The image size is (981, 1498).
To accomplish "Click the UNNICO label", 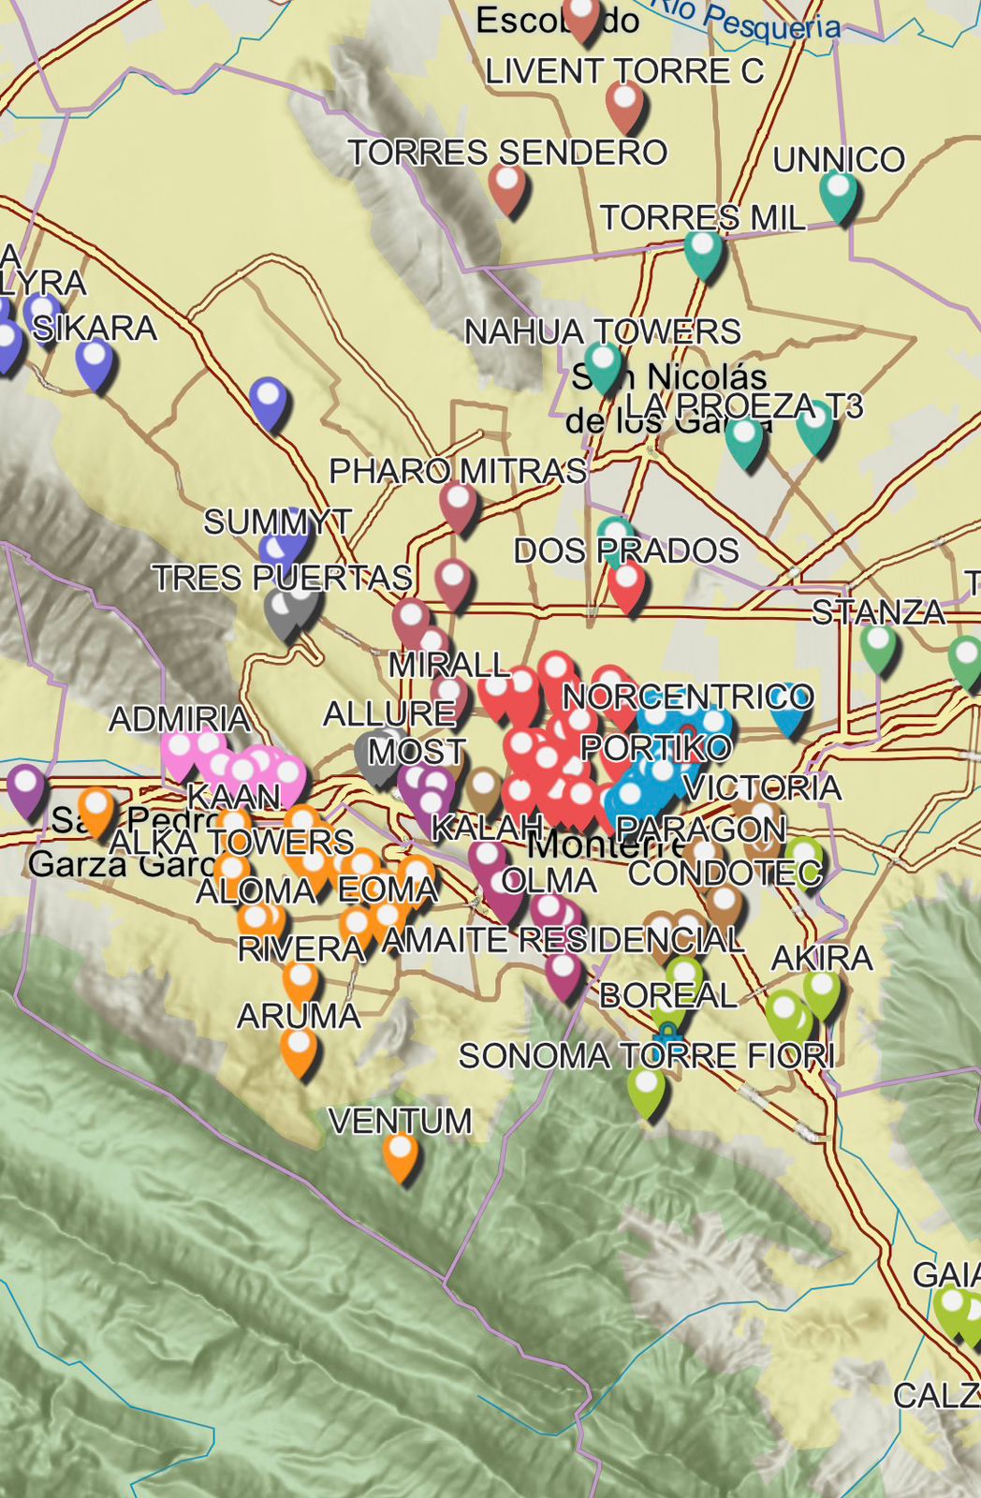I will (839, 160).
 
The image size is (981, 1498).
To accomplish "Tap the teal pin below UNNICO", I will (839, 193).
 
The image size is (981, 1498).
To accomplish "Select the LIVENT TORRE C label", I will (624, 72).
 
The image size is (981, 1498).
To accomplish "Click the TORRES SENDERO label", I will (507, 153).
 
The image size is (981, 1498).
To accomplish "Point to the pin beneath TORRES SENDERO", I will (507, 185).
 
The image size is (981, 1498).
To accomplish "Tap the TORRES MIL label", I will (702, 218).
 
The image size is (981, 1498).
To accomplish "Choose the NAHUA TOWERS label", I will (602, 331).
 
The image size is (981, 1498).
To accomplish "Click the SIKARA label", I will (95, 329).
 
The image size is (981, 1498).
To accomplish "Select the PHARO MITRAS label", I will (458, 471).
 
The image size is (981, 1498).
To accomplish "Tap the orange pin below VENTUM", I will (400, 1153).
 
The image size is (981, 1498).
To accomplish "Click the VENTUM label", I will (400, 1122).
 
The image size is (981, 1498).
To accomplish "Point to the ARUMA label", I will (299, 1017).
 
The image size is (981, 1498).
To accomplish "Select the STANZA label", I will (878, 612).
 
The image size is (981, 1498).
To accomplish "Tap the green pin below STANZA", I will (878, 646).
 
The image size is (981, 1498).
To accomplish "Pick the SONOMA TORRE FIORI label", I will (646, 1057).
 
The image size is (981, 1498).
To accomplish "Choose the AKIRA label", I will (821, 959).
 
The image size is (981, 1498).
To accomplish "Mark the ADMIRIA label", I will (179, 720).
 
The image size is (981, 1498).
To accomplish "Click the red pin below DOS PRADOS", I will (626, 584).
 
